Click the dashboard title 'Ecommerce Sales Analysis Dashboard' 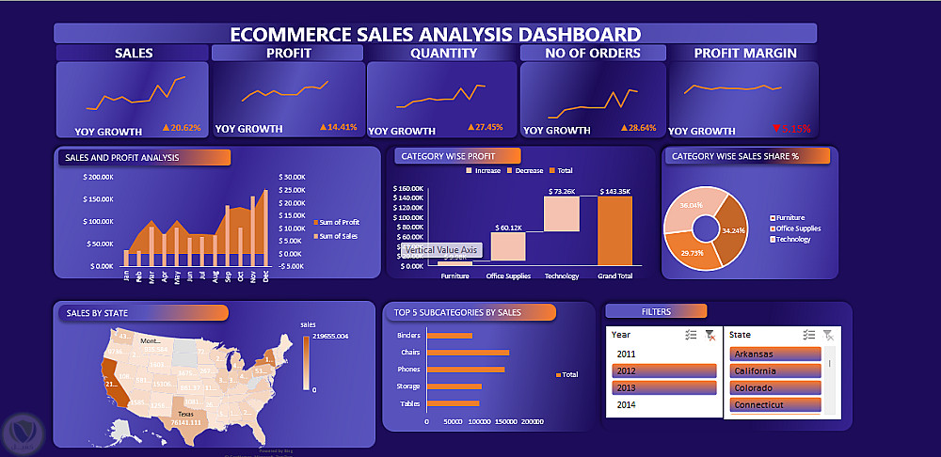tap(435, 34)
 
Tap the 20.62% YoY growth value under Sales tap(183, 127)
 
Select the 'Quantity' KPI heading tap(442, 54)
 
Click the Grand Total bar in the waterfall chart tap(614, 230)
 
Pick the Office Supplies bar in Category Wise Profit tap(508, 246)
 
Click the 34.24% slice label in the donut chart tap(732, 229)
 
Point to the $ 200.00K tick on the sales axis tap(99, 177)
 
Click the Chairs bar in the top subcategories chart tap(468, 353)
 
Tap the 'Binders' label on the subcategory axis tap(408, 335)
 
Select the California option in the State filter tap(774, 370)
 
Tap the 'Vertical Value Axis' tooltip tap(443, 250)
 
